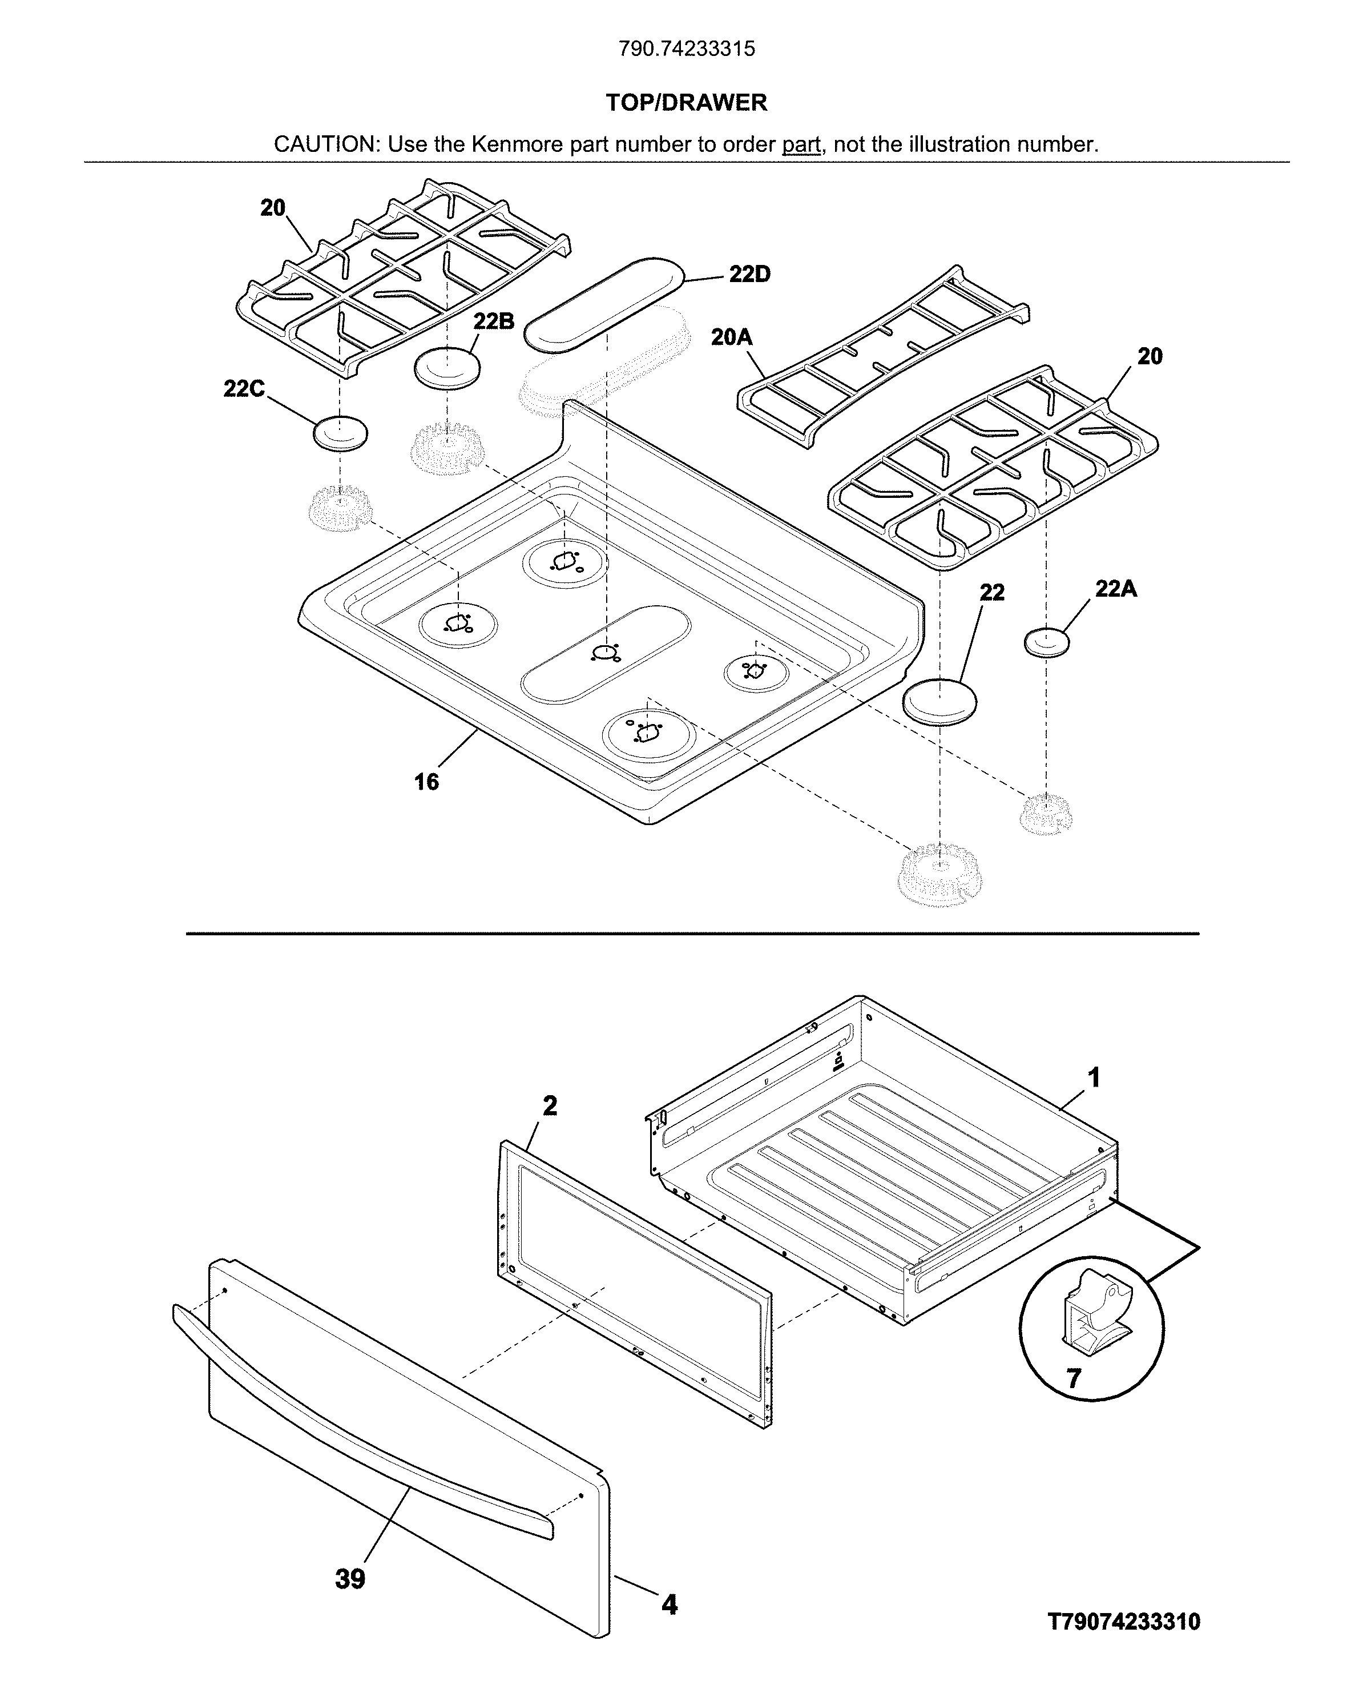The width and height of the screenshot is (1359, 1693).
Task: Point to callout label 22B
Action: tap(493, 320)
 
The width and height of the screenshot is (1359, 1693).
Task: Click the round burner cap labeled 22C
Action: tap(340, 433)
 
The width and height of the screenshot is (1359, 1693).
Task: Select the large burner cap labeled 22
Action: tap(939, 701)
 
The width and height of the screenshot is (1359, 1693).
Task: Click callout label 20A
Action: tap(731, 337)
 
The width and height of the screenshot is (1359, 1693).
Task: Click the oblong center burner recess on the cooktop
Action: tap(606, 653)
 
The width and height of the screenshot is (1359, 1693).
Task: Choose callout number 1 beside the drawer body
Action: tap(1093, 1077)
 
